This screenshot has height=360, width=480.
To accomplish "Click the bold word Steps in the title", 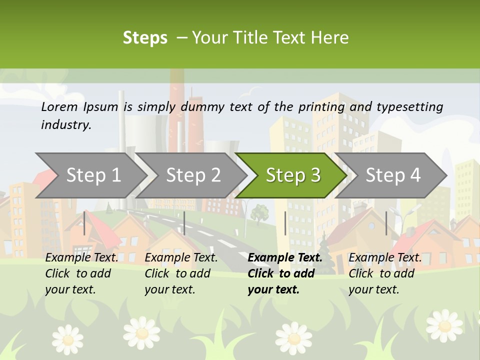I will pyautogui.click(x=145, y=38).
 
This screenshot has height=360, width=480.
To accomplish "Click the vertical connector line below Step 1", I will pyautogui.click(x=84, y=223).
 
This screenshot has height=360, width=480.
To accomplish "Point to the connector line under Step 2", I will pyautogui.click(x=184, y=223).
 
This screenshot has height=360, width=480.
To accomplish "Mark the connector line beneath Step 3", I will pyautogui.click(x=285, y=223).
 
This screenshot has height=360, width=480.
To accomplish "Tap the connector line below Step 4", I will pyautogui.click(x=386, y=223).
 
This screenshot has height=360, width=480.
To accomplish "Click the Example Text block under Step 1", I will pyautogui.click(x=81, y=273).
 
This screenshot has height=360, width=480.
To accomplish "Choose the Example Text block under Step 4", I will pyautogui.click(x=385, y=273).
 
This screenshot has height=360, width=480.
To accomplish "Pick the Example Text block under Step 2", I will pyautogui.click(x=181, y=273).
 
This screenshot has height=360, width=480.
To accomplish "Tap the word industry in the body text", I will pyautogui.click(x=65, y=125).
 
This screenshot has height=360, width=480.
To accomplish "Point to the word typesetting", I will pyautogui.click(x=409, y=107).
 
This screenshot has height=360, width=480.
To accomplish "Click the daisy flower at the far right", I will pyautogui.click(x=444, y=325).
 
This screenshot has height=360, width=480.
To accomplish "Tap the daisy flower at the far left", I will pyautogui.click(x=67, y=339).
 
